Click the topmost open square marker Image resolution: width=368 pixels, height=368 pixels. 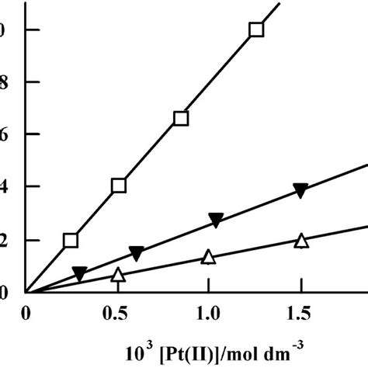coord(256,30)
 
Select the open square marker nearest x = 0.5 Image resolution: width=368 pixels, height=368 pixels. coord(119,186)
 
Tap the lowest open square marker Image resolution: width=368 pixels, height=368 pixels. coord(71,240)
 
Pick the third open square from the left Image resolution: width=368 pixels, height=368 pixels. coord(181,118)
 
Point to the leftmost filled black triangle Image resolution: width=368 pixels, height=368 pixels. coord(79,273)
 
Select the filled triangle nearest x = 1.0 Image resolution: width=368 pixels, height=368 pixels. coord(216,221)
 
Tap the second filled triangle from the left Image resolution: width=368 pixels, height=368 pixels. coord(136,253)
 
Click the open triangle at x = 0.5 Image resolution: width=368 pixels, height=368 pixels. coord(118,274)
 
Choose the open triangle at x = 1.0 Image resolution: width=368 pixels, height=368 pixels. coord(208,256)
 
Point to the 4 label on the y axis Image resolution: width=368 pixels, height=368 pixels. coord(5,187)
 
